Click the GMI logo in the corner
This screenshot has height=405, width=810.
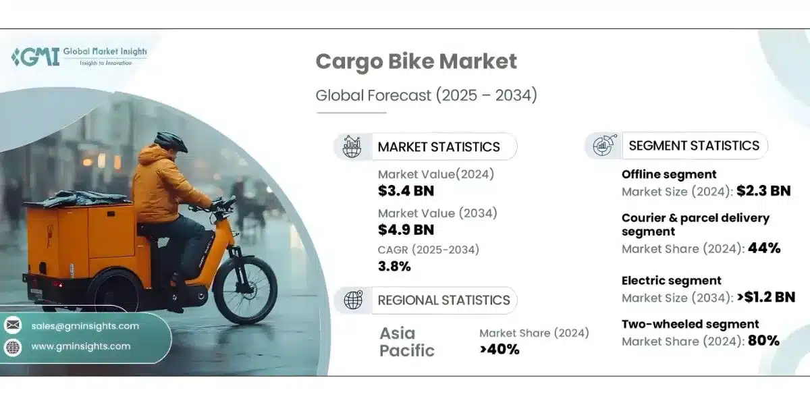[35, 57]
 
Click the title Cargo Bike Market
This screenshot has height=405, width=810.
[416, 61]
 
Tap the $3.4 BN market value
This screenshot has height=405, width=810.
[406, 191]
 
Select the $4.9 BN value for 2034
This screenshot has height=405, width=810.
[406, 230]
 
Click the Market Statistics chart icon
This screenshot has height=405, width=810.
[352, 146]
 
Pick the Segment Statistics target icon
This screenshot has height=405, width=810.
[602, 145]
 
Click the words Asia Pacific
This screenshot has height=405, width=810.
[407, 342]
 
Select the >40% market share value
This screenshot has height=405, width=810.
[500, 349]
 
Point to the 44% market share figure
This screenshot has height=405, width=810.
[764, 248]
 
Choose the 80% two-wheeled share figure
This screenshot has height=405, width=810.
[763, 341]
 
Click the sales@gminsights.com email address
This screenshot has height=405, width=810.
[85, 326]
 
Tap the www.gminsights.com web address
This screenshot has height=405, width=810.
[81, 346]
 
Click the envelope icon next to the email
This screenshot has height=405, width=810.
[13, 326]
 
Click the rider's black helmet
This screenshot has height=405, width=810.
[171, 141]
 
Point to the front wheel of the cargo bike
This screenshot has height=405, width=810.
[245, 292]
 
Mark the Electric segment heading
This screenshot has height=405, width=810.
[672, 281]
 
